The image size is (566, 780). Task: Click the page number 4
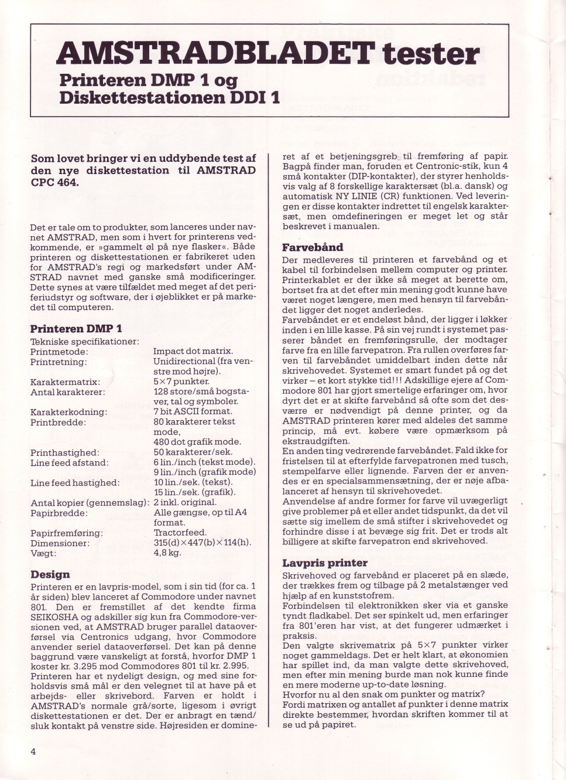33,752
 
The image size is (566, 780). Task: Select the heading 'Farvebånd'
313,247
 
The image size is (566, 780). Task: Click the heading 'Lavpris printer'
325,563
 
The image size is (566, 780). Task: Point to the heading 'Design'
50,574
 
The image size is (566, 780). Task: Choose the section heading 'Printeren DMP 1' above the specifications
76,329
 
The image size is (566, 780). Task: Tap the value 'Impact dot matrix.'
193,351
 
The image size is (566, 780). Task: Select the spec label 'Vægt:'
43,553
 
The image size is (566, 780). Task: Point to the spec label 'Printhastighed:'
64,453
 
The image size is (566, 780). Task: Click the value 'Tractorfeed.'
180,533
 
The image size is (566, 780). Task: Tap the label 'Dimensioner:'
60,543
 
